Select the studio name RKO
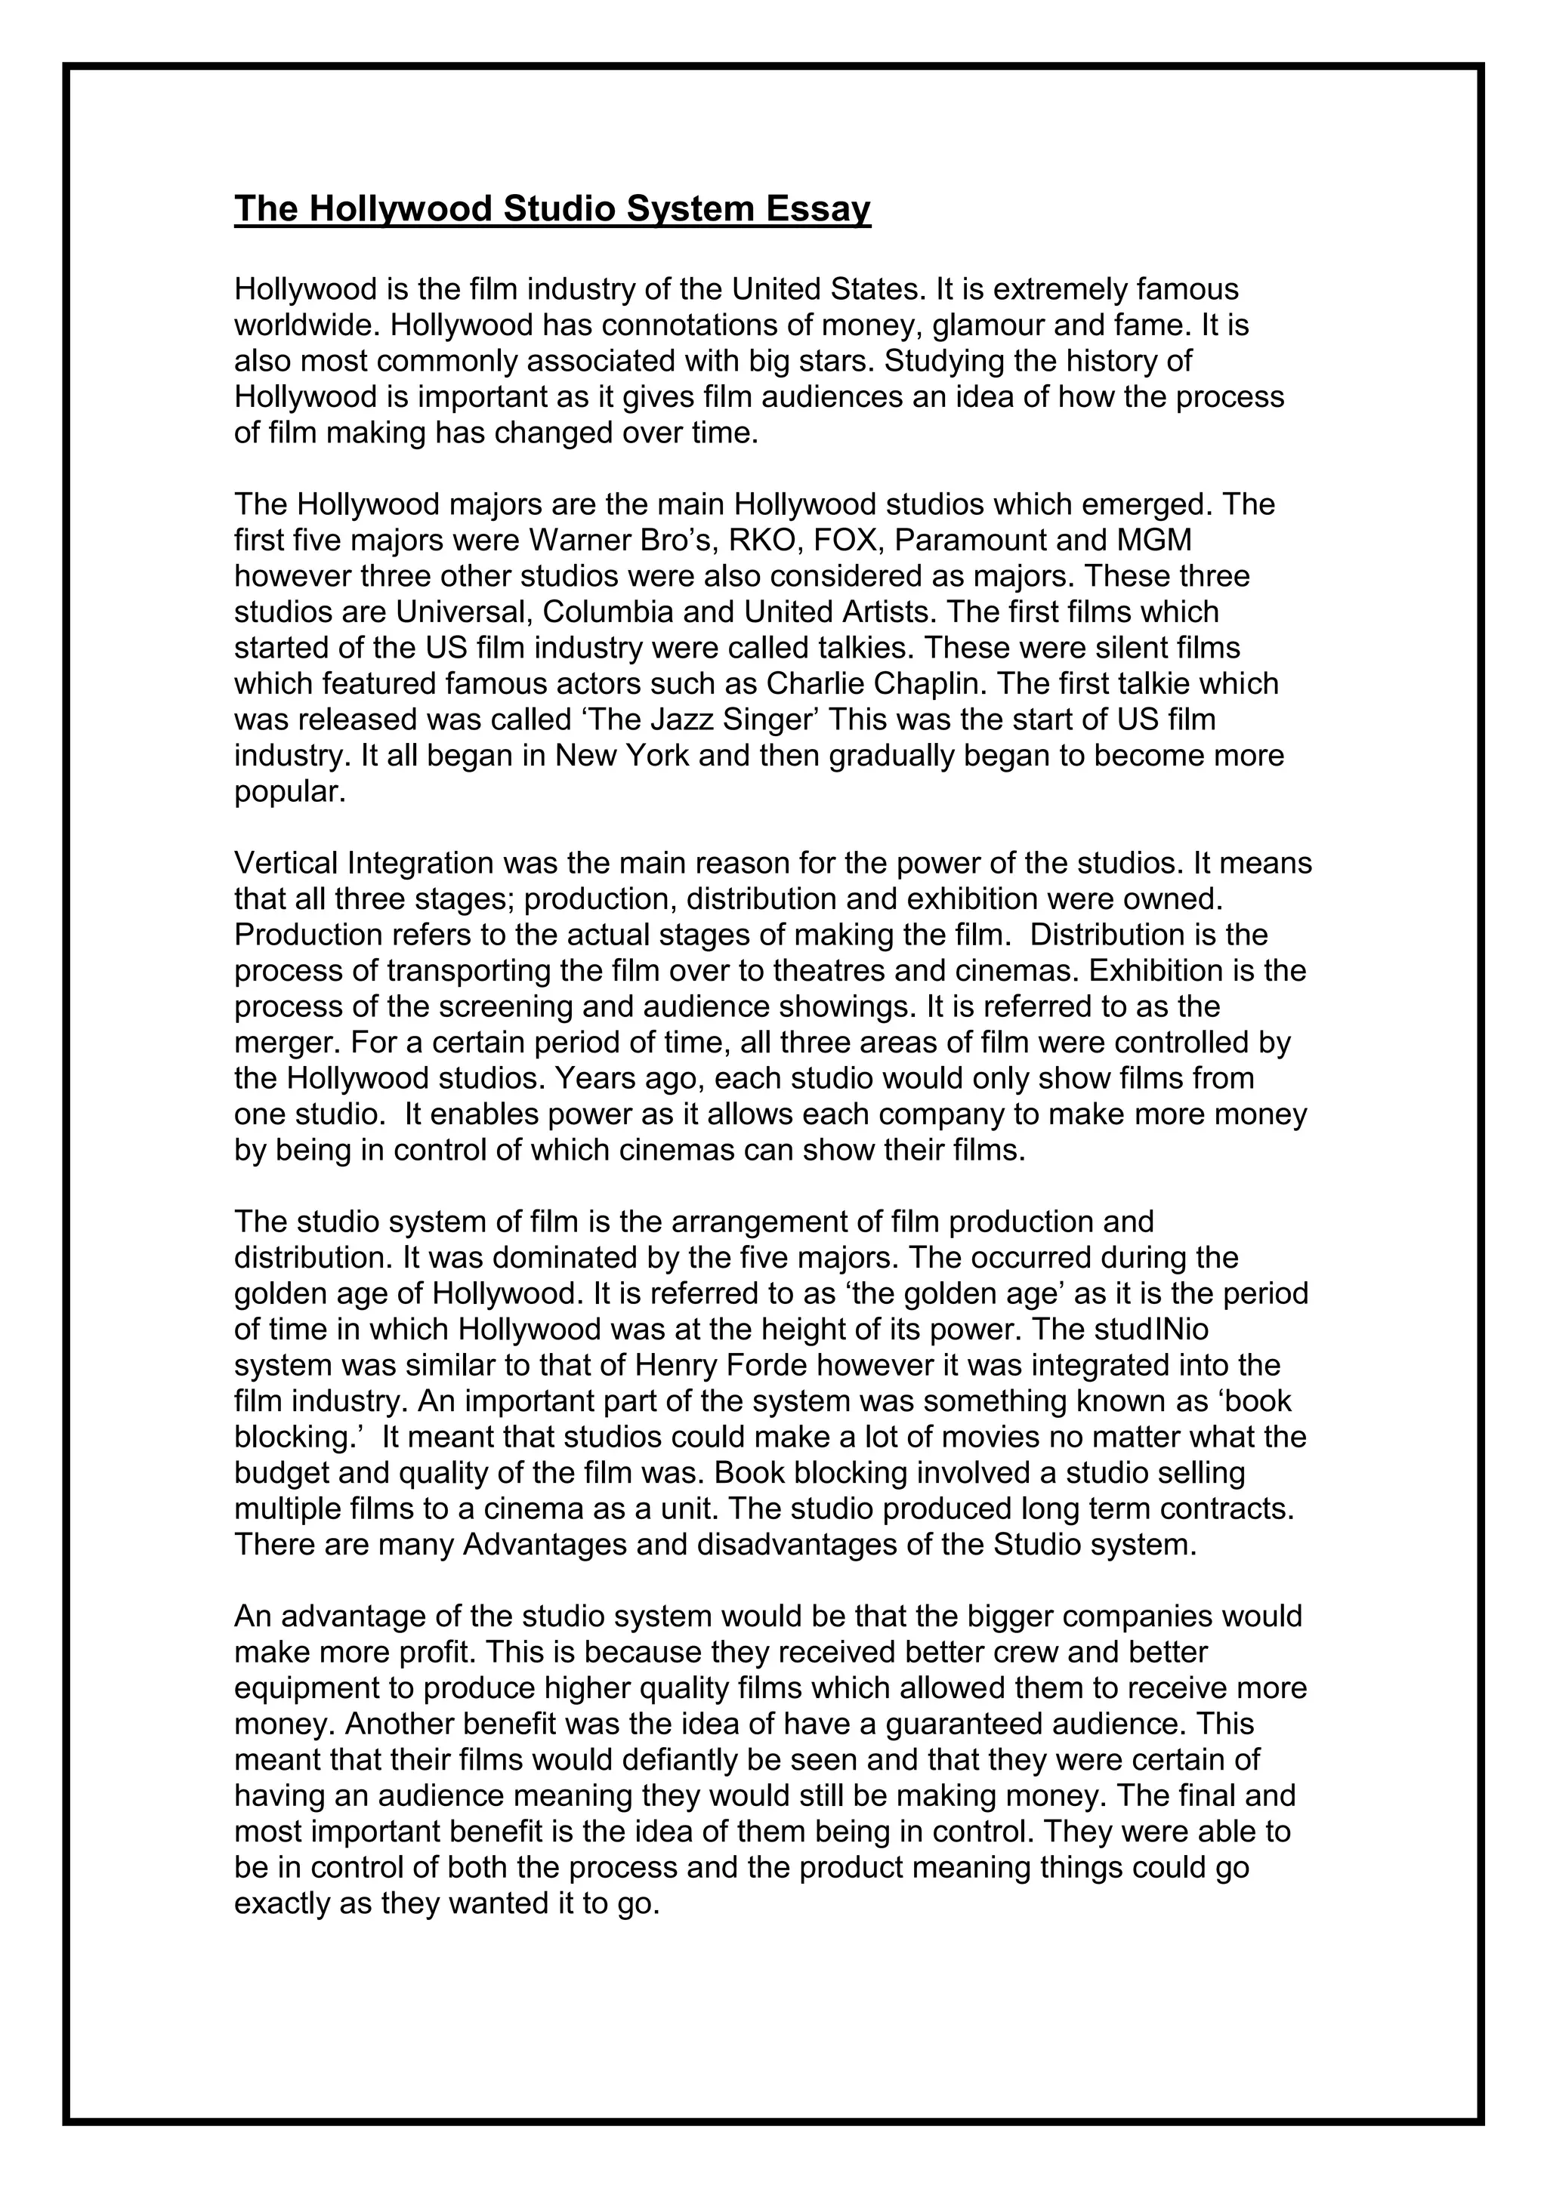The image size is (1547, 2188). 757,541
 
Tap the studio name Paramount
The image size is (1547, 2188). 968,541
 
